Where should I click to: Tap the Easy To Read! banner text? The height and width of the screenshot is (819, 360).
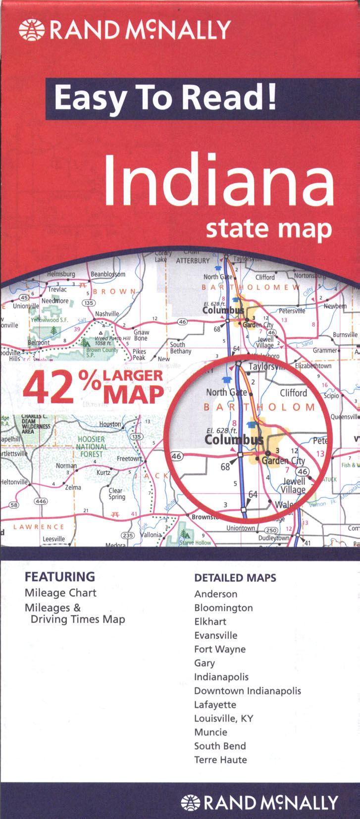coord(165,98)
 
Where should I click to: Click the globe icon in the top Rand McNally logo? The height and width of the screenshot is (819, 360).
coord(31,29)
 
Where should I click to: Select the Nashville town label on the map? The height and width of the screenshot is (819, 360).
coord(107,313)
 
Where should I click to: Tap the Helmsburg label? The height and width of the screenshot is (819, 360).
coord(61,274)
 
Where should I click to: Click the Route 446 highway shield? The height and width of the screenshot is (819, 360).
coord(41,501)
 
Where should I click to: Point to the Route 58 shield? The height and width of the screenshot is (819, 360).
coord(14,505)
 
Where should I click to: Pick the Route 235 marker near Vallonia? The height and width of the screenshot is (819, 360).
coord(128,535)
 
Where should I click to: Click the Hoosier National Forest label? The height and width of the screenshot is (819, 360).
coord(92,446)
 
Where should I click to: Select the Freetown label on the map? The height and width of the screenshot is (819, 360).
coord(128,459)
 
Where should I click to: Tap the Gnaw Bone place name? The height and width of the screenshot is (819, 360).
coord(141,335)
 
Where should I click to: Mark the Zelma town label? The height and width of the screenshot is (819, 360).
coord(73,487)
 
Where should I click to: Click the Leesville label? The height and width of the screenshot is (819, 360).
coord(53,539)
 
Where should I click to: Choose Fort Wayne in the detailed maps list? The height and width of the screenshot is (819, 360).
coord(220,649)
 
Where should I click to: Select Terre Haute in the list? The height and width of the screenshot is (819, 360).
coord(220,760)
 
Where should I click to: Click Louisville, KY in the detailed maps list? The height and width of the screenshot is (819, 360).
coord(223,718)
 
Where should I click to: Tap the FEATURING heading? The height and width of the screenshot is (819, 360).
coord(60,577)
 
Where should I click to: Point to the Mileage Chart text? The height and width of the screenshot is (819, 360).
coord(60,593)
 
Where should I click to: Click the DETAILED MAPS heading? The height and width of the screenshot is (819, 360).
coord(235,578)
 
